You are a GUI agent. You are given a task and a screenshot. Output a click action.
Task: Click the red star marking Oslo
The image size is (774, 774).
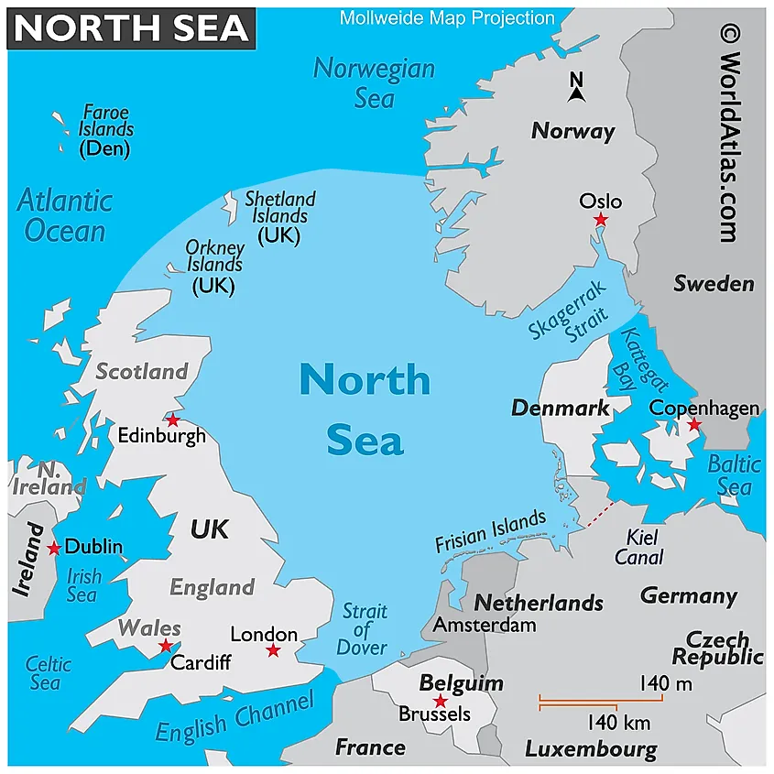[601, 220]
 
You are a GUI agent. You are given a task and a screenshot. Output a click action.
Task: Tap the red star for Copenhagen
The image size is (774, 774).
[694, 425]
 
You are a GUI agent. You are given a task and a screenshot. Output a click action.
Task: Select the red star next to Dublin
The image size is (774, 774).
[54, 548]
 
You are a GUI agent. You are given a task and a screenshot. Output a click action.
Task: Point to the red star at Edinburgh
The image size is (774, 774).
[172, 420]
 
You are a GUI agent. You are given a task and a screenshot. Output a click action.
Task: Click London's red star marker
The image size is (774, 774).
[272, 650]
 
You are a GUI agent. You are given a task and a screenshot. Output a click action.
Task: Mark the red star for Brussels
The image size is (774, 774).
[441, 701]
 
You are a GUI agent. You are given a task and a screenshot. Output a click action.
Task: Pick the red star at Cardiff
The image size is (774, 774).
[166, 646]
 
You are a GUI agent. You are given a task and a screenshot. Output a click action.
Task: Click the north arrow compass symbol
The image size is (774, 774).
[576, 88]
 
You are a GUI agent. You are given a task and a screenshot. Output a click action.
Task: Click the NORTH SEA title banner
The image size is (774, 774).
[132, 28]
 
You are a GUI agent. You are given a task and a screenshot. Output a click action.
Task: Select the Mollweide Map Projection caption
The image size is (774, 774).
[447, 17]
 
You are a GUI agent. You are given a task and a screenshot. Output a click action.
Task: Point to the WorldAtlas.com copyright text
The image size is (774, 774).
[730, 134]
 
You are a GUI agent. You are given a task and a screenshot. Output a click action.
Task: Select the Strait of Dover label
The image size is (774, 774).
[364, 629]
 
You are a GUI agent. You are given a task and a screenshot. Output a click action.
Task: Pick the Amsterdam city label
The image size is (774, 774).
[484, 626]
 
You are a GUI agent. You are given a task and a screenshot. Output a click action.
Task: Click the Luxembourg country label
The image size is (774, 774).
[591, 749]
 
